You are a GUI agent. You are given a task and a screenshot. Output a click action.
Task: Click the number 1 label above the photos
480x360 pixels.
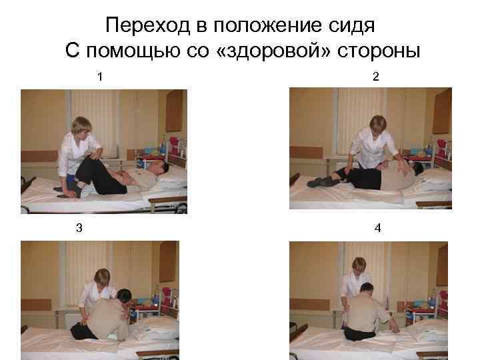(x=99, y=77)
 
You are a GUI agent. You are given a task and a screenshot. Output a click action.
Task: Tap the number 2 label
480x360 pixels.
(x=376, y=77)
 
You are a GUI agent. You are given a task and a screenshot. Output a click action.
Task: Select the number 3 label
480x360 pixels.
(x=79, y=228)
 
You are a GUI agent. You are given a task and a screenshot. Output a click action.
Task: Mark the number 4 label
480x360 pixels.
(x=377, y=228)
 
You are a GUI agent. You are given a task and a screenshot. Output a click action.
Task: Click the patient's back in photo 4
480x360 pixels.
(x=367, y=313)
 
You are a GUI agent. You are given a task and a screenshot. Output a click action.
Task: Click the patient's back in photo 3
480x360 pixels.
(x=110, y=317)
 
